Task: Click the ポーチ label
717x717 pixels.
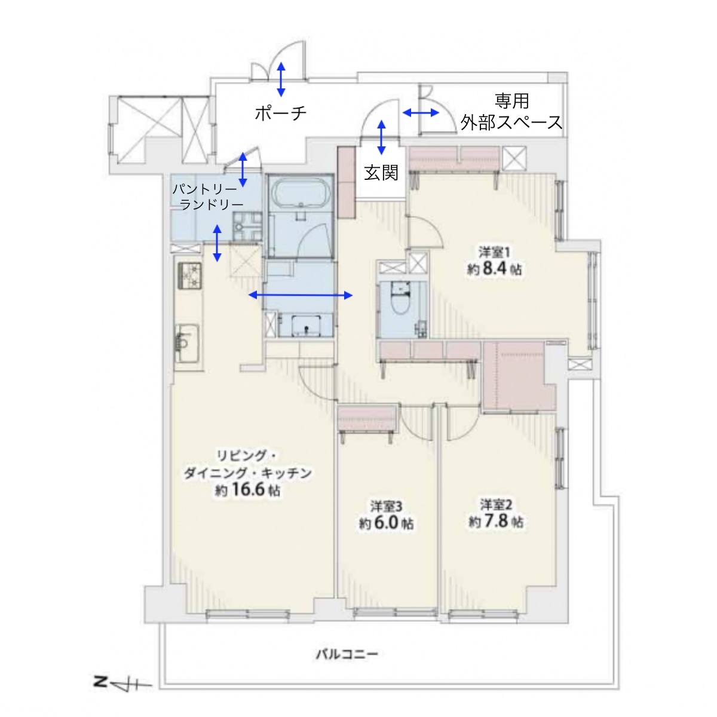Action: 281,113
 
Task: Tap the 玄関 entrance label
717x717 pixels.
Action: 381,173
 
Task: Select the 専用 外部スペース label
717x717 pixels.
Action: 511,112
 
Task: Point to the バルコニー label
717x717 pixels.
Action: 347,654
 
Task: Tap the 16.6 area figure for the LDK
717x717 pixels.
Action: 248,490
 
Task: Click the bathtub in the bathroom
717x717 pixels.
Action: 301,192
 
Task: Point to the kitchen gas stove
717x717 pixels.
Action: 189,275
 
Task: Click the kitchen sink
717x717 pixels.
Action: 187,342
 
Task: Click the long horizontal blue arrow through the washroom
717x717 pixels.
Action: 301,295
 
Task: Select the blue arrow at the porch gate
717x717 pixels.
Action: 281,79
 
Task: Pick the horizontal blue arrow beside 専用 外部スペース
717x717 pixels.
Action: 421,112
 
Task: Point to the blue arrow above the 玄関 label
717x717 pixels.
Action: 381,137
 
